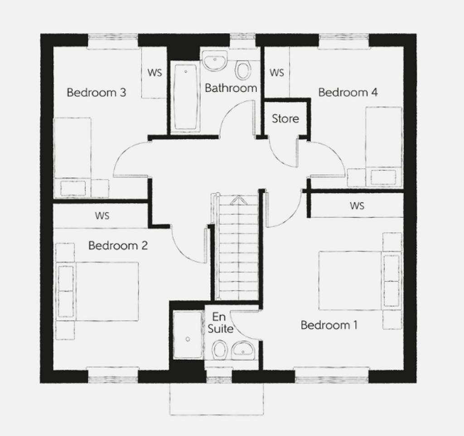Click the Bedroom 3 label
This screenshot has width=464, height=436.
97,93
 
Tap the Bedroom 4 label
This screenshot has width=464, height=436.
348,93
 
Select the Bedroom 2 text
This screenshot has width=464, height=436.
118,245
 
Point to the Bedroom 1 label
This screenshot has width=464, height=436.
329,325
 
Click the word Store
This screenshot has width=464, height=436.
285,118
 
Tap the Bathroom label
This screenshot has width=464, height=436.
231,88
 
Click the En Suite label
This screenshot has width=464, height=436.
220,323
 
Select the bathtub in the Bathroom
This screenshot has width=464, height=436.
186,97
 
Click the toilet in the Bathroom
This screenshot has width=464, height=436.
243,69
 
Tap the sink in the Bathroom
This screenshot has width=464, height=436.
215,61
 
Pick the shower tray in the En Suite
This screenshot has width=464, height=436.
188,335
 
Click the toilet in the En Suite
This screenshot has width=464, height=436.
220,349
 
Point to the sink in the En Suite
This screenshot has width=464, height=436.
243,350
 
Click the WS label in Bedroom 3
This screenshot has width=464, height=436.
155,73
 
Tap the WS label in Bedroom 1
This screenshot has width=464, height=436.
357,206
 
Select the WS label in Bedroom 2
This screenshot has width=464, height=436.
102,216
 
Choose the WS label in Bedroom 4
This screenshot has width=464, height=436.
277,73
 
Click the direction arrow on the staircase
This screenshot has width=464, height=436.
238,200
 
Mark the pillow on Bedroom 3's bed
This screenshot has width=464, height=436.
73,188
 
